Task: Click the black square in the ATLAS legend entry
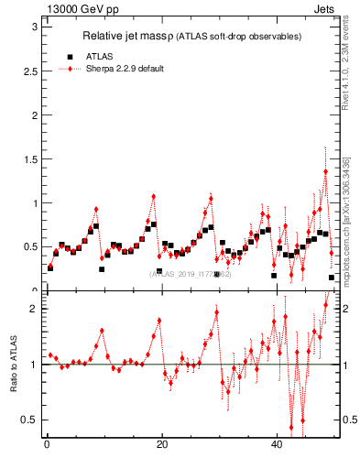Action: [70, 56]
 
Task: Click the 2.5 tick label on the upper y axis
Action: [29, 71]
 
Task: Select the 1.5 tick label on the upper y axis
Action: [29, 159]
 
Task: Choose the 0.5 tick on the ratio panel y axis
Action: [29, 420]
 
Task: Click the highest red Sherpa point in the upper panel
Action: [325, 171]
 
